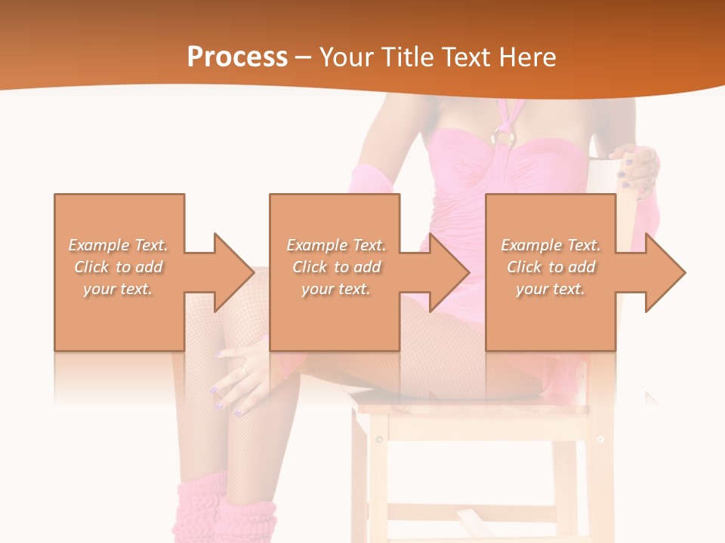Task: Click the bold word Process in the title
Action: (x=237, y=57)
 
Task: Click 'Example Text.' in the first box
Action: (x=119, y=245)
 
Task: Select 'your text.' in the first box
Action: (x=119, y=289)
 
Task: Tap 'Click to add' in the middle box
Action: (x=336, y=267)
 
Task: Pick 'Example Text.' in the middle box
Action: (x=336, y=245)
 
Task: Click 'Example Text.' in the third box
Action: (x=551, y=245)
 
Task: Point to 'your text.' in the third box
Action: (x=551, y=289)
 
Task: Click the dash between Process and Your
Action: (x=303, y=58)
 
